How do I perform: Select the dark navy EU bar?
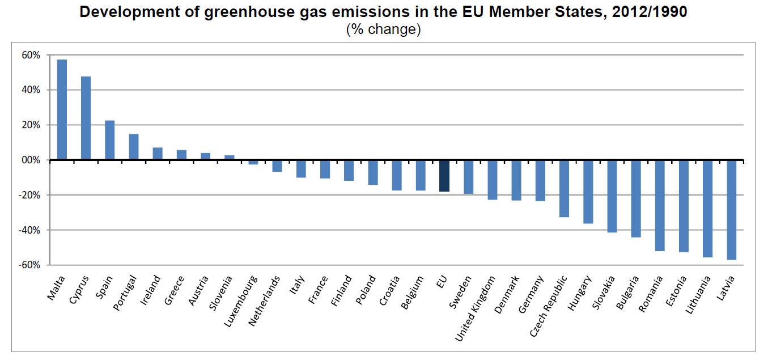pyautogui.click(x=444, y=176)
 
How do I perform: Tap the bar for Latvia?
pyautogui.click(x=732, y=210)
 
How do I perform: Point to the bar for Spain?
pyautogui.click(x=109, y=140)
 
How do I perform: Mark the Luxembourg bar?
pyautogui.click(x=253, y=162)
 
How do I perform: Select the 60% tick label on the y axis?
pyautogui.click(x=31, y=55)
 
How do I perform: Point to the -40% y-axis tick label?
pyautogui.click(x=30, y=230)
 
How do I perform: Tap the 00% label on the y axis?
pyautogui.click(x=31, y=160)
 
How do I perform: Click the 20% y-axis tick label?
pyautogui.click(x=31, y=125)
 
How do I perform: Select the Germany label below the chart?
pyautogui.click(x=532, y=295)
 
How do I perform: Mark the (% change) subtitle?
pyautogui.click(x=383, y=29)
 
